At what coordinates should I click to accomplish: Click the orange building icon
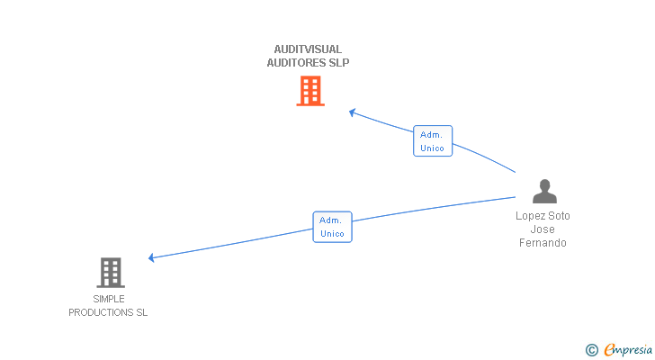click(x=310, y=91)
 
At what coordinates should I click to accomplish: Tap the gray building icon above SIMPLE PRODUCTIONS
click(x=110, y=272)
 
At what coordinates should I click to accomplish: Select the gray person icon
click(x=543, y=192)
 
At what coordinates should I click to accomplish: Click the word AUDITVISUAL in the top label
click(x=308, y=49)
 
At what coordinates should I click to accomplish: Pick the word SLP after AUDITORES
click(x=338, y=63)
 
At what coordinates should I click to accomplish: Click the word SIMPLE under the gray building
click(x=109, y=299)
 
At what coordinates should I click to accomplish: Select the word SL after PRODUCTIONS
click(x=141, y=312)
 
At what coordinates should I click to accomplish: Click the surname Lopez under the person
click(x=531, y=216)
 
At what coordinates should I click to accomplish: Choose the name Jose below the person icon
click(x=543, y=229)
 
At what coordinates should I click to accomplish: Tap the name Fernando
click(x=543, y=243)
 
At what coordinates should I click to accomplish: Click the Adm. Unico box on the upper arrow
click(x=433, y=141)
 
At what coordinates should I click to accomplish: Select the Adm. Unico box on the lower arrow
click(x=332, y=227)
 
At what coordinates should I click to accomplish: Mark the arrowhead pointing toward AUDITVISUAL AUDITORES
click(x=353, y=112)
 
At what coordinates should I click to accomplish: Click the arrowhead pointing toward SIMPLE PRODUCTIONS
click(x=152, y=258)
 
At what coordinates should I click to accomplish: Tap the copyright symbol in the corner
click(x=591, y=350)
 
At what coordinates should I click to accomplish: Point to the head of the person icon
click(x=543, y=184)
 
